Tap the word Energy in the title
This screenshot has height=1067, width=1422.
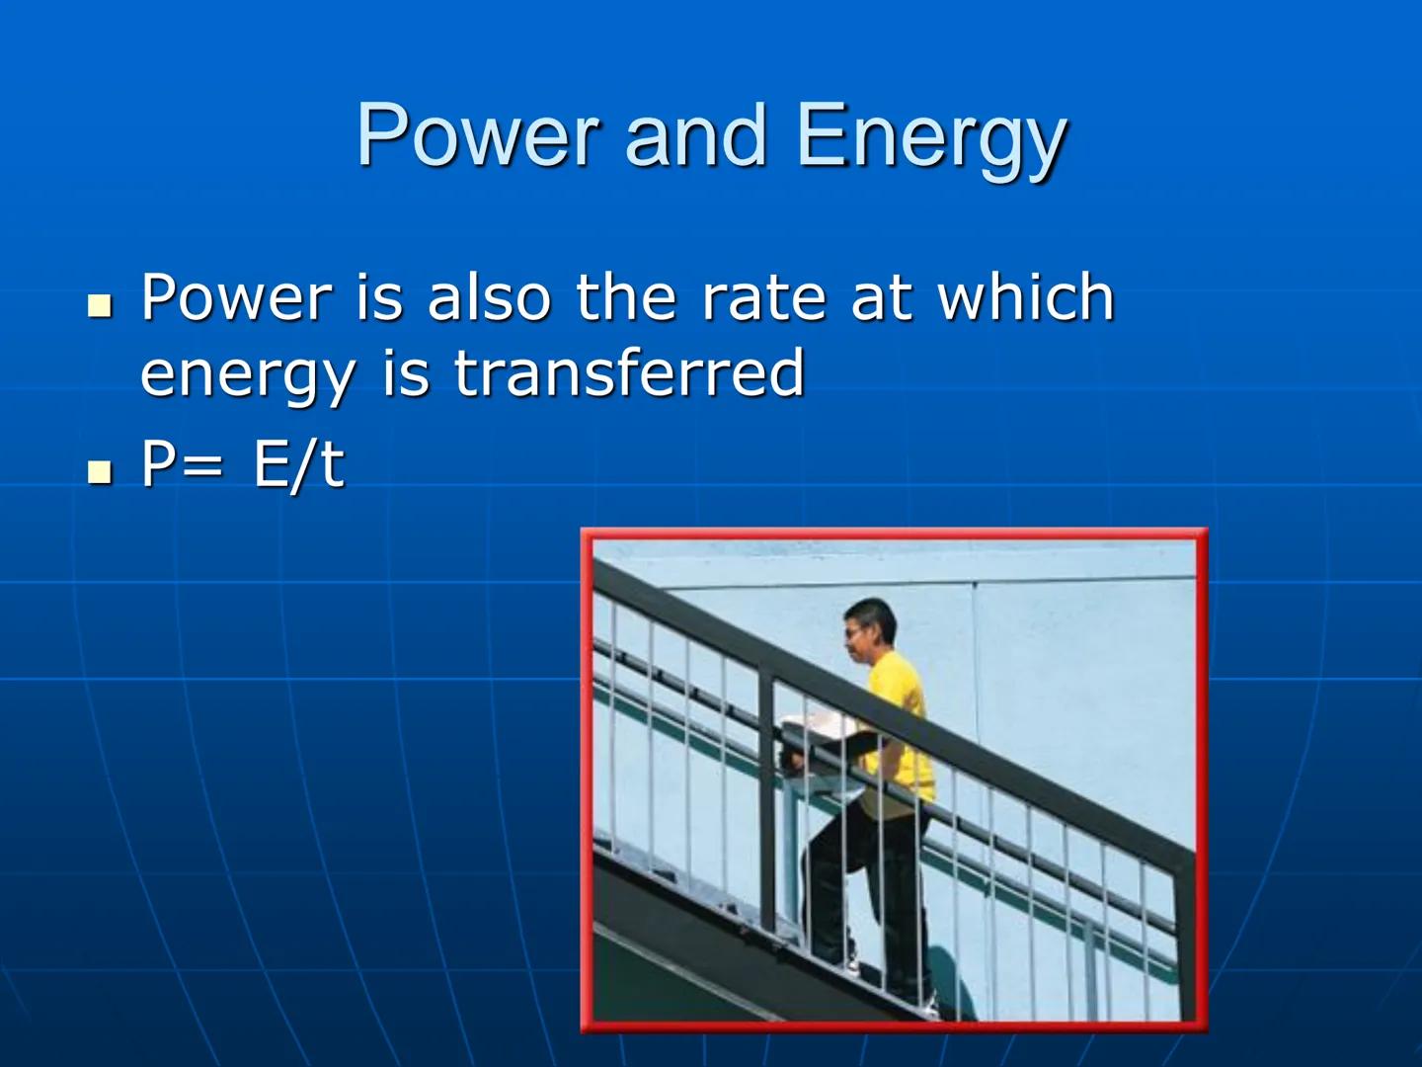tap(931, 138)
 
